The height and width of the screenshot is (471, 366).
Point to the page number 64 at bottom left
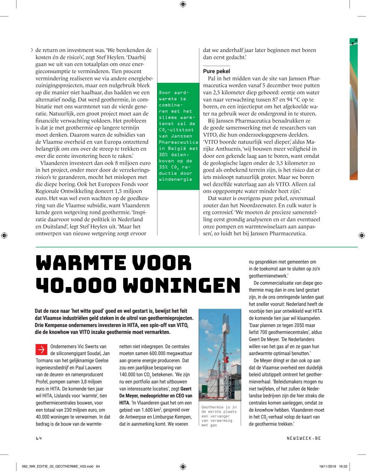(39, 438)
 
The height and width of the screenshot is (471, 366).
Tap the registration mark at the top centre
(183, 5)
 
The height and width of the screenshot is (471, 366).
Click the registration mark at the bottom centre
(183, 465)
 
